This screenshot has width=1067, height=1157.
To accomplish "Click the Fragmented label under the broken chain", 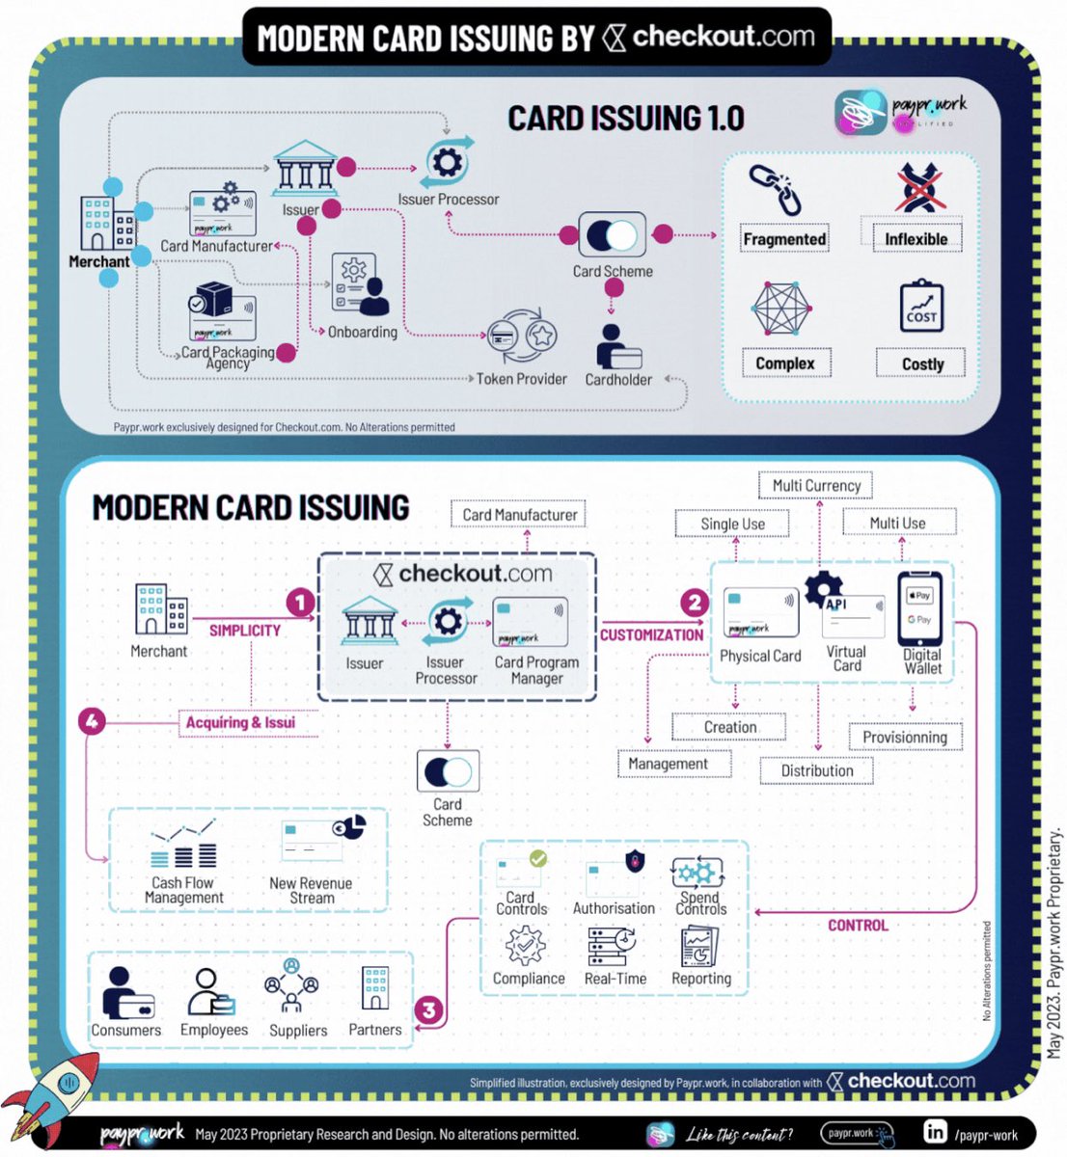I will coord(784,239).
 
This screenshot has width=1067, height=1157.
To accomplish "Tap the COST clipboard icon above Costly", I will coord(920,308).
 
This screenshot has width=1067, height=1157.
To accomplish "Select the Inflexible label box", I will coord(916,238).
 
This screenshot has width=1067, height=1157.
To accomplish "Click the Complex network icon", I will coord(783,310).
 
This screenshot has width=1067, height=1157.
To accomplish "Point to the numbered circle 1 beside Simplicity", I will coord(300,604).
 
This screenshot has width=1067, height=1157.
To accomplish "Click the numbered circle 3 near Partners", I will coord(429,1010).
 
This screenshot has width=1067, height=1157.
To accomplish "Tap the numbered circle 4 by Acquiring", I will coord(92,720).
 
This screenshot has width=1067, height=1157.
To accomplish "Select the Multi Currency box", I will coord(816,485).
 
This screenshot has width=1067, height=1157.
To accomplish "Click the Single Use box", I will coord(732,524).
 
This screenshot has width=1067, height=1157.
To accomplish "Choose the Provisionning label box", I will coord(904,737).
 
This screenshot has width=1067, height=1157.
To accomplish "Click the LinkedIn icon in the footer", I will coord(935,1132).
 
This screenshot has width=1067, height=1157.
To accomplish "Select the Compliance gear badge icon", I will coord(525,946).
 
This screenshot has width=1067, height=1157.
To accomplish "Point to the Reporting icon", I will coord(699,946).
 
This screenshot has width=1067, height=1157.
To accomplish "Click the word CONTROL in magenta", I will coord(858,926).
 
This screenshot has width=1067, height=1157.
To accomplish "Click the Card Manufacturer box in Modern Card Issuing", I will coord(519,515).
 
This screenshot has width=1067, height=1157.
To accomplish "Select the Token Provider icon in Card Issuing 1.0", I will coord(521,338).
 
